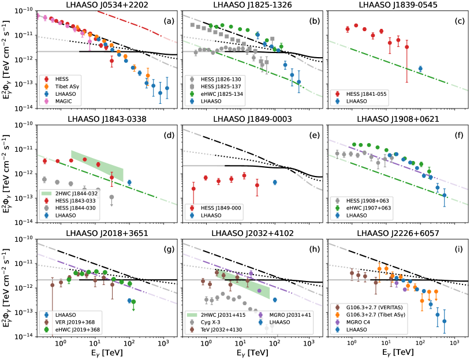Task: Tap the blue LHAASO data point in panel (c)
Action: [420, 69]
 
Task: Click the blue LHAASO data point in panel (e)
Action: [275, 182]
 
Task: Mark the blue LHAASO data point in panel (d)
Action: [129, 182]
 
